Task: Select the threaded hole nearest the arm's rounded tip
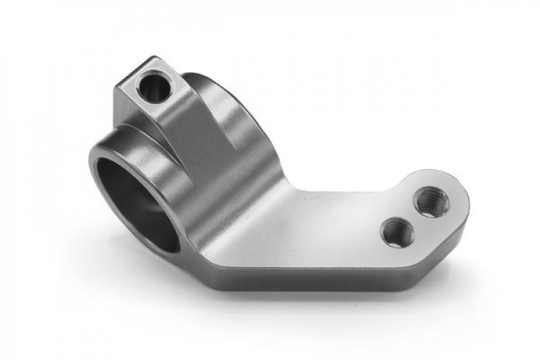pos(432,200)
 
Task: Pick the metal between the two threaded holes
pos(415,216)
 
